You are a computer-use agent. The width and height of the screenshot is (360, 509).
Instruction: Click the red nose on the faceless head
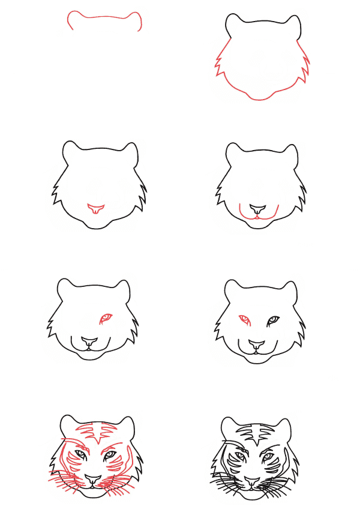point(96,209)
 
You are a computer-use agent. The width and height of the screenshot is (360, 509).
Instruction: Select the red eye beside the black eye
point(244,319)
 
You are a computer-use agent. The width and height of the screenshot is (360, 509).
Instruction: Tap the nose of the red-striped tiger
point(93,480)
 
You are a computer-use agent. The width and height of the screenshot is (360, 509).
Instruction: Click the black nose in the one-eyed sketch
point(89,344)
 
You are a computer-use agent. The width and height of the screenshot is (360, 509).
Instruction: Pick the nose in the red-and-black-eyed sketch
point(257,345)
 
